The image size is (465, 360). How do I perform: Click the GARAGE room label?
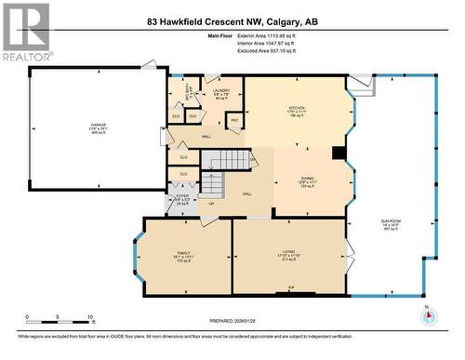(x=98, y=125)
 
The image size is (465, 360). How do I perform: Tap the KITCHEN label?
(x=297, y=108)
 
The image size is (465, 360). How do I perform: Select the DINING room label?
(x=308, y=178)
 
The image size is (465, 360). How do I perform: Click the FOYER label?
(x=183, y=196)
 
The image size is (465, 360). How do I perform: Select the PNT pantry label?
(x=234, y=120)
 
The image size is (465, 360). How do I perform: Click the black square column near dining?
(x=339, y=154)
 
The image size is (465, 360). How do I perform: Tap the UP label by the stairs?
(x=211, y=204)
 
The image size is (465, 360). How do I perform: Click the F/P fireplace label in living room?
(x=291, y=289)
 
